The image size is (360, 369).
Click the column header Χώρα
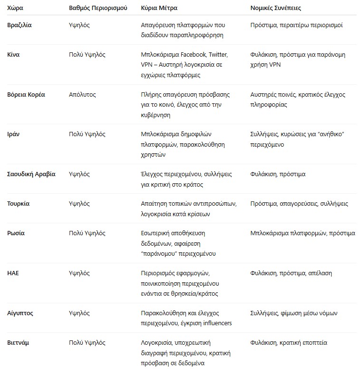coord(15,9)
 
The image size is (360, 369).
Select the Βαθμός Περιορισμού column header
coord(98,9)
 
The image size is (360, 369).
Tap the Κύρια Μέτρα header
coord(159,9)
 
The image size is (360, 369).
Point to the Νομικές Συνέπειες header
coord(275,9)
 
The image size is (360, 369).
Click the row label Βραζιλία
coord(19,25)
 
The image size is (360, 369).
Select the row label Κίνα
coord(13,55)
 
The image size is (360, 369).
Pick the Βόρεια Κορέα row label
coord(26,94)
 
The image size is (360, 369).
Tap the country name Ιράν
coord(14,134)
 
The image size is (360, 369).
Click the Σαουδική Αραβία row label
coord(31,174)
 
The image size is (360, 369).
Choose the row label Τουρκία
coord(19,204)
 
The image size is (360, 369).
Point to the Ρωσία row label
coord(16,233)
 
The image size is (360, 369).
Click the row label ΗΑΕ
coord(13,273)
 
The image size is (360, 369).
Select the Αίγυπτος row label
coord(20,313)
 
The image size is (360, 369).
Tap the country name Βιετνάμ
coord(18,343)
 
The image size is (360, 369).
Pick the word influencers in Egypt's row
coord(216,323)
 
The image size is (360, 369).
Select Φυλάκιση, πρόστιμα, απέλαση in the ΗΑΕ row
coord(291,273)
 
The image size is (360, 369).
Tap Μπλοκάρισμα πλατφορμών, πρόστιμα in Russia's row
coord(302,233)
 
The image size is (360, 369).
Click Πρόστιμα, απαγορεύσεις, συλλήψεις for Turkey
coord(299,204)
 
